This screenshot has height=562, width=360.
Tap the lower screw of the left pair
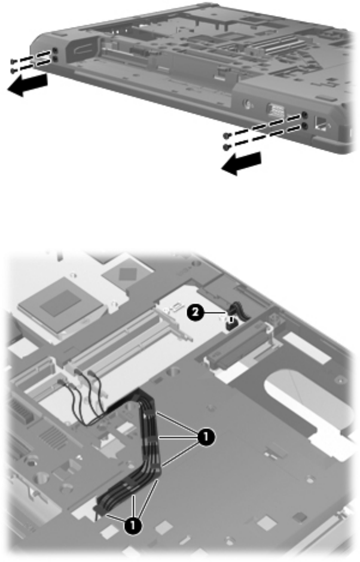[13, 71]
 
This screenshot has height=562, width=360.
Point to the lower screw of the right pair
[225, 146]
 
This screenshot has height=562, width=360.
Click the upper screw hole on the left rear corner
[54, 51]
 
